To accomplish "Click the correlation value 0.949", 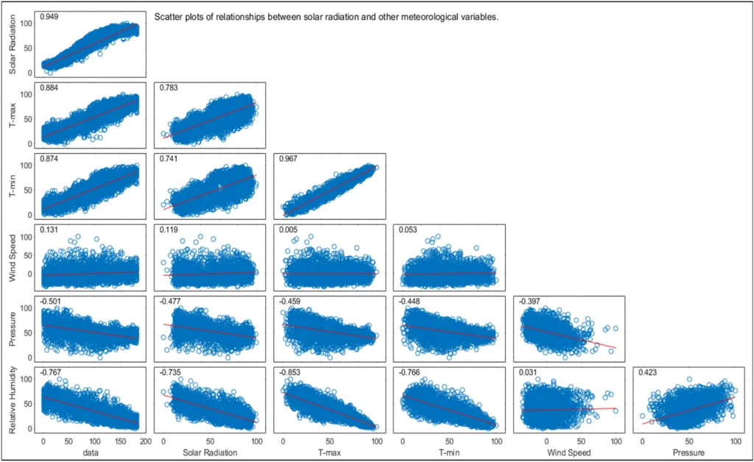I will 50,16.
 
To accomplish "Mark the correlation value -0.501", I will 51,302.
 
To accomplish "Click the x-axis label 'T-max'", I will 328,451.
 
